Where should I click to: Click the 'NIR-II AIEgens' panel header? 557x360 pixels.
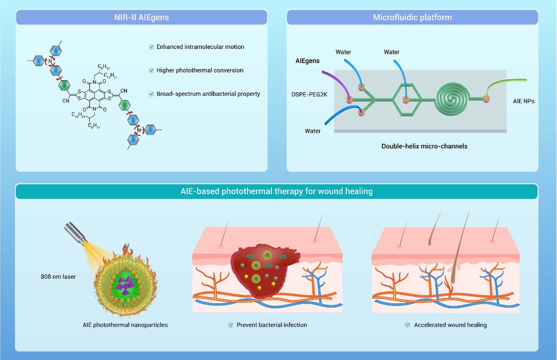coord(142,17)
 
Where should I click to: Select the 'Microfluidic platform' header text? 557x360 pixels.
coord(413,17)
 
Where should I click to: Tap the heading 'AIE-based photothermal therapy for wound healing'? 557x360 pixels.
coord(277,191)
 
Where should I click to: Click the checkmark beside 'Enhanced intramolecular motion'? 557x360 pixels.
coord(151,47)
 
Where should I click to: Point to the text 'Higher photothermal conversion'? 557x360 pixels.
coord(200,70)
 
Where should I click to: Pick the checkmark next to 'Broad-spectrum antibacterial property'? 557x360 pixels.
coord(151,94)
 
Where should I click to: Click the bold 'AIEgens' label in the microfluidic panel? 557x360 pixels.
coord(307,61)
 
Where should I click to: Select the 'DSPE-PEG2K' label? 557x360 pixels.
coord(310,94)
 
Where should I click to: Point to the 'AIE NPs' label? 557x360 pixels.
coord(524,102)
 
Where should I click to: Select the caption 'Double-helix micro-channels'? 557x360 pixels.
coord(424,146)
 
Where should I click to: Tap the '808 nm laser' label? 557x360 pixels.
coord(58,277)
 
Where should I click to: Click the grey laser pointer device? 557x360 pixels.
coord(75,233)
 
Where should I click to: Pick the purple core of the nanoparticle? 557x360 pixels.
coord(126,285)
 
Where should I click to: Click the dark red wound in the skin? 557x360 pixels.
coord(265,270)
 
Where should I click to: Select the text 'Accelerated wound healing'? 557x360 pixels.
coord(451,325)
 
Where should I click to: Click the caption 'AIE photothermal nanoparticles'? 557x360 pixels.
coord(125,325)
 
